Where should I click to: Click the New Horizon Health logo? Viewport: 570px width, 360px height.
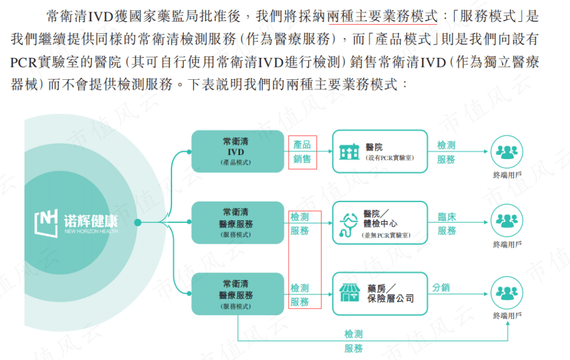point(76,222)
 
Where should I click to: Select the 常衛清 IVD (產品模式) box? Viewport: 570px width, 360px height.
point(238,151)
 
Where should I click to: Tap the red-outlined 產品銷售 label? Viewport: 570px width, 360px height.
point(302,152)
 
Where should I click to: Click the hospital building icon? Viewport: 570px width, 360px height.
point(349,151)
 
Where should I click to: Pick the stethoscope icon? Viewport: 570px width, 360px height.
point(349,223)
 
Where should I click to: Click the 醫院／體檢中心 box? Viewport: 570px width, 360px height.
point(380,223)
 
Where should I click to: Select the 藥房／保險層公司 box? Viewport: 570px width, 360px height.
point(380,293)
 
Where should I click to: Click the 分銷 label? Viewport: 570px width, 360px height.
point(441,287)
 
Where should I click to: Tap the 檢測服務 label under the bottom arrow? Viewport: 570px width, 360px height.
point(354,342)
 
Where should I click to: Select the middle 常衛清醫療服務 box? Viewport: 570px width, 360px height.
point(238,223)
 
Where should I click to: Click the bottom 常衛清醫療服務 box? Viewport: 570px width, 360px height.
point(238,293)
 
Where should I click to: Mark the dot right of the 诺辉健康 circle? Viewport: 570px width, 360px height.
point(138,223)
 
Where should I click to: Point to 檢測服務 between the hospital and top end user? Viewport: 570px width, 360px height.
point(446,152)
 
